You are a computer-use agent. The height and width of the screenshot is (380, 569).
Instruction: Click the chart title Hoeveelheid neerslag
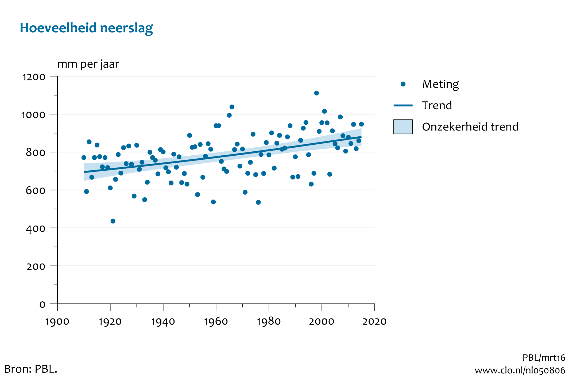pos(86,28)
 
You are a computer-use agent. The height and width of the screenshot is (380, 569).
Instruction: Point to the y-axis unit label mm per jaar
pos(88,64)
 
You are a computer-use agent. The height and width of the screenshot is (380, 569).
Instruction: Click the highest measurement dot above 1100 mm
pos(316,93)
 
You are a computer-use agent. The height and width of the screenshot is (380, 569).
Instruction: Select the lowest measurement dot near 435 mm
pos(113,221)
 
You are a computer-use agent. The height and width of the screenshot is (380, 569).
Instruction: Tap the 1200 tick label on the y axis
pos(34,77)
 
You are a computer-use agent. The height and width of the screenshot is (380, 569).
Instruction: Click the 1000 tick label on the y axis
pos(33,115)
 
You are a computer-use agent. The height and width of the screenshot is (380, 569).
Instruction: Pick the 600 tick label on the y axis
pos(36,191)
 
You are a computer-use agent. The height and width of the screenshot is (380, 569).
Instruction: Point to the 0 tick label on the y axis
pos(42,305)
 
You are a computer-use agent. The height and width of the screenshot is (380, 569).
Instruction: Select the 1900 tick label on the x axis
pos(57,321)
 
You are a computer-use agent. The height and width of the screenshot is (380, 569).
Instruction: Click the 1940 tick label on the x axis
pos(163,321)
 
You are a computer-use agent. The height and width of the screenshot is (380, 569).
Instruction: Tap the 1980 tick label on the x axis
pos(269,321)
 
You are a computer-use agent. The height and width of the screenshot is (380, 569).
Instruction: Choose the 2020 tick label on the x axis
pos(374,321)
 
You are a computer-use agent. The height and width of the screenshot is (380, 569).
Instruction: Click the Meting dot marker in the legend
pos(403,85)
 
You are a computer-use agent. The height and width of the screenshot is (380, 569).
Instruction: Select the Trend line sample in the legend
pos(403,106)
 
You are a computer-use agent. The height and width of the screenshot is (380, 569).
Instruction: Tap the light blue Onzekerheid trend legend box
pos(403,127)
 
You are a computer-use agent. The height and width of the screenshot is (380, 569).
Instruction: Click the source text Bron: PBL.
pos(31,369)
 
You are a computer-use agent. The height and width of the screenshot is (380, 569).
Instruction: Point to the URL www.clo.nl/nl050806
pos(520,370)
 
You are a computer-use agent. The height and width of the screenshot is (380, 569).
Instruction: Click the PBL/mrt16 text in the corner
pos(544,358)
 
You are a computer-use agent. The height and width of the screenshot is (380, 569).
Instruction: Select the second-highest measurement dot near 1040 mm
pos(232,107)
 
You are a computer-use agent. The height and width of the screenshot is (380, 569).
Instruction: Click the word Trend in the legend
pos(437,106)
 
